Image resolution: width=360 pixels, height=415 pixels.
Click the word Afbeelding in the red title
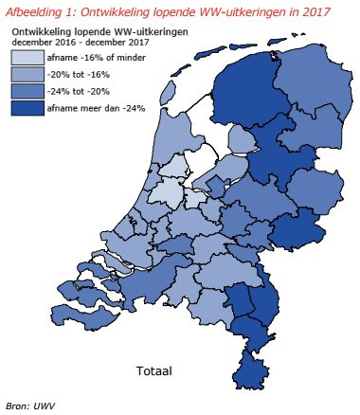pos(39,11)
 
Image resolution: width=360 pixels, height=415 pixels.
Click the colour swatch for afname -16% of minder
pos(27,58)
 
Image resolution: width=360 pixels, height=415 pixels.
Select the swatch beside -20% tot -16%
pos(27,75)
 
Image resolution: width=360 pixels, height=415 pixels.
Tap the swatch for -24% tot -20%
pos(27,92)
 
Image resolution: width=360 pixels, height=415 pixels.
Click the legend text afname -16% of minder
pos(91,58)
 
